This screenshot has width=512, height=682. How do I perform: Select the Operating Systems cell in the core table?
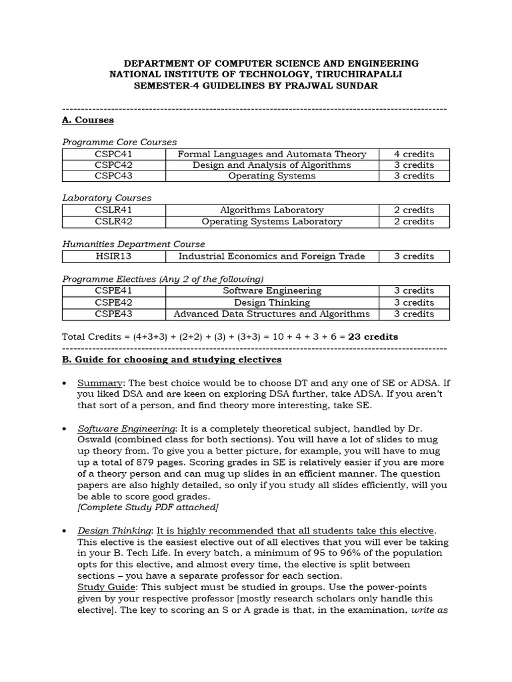[271, 176]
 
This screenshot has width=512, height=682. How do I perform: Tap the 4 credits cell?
[413, 154]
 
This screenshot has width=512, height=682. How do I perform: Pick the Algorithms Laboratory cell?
[271, 210]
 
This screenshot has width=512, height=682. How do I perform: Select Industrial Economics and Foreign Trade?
[271, 256]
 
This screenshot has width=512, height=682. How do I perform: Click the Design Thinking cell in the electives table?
[271, 302]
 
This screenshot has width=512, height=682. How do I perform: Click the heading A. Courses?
[87, 120]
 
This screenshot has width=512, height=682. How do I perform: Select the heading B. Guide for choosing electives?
[171, 360]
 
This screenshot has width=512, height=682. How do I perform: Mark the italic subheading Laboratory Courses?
[107, 198]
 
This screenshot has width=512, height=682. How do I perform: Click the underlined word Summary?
[100, 384]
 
